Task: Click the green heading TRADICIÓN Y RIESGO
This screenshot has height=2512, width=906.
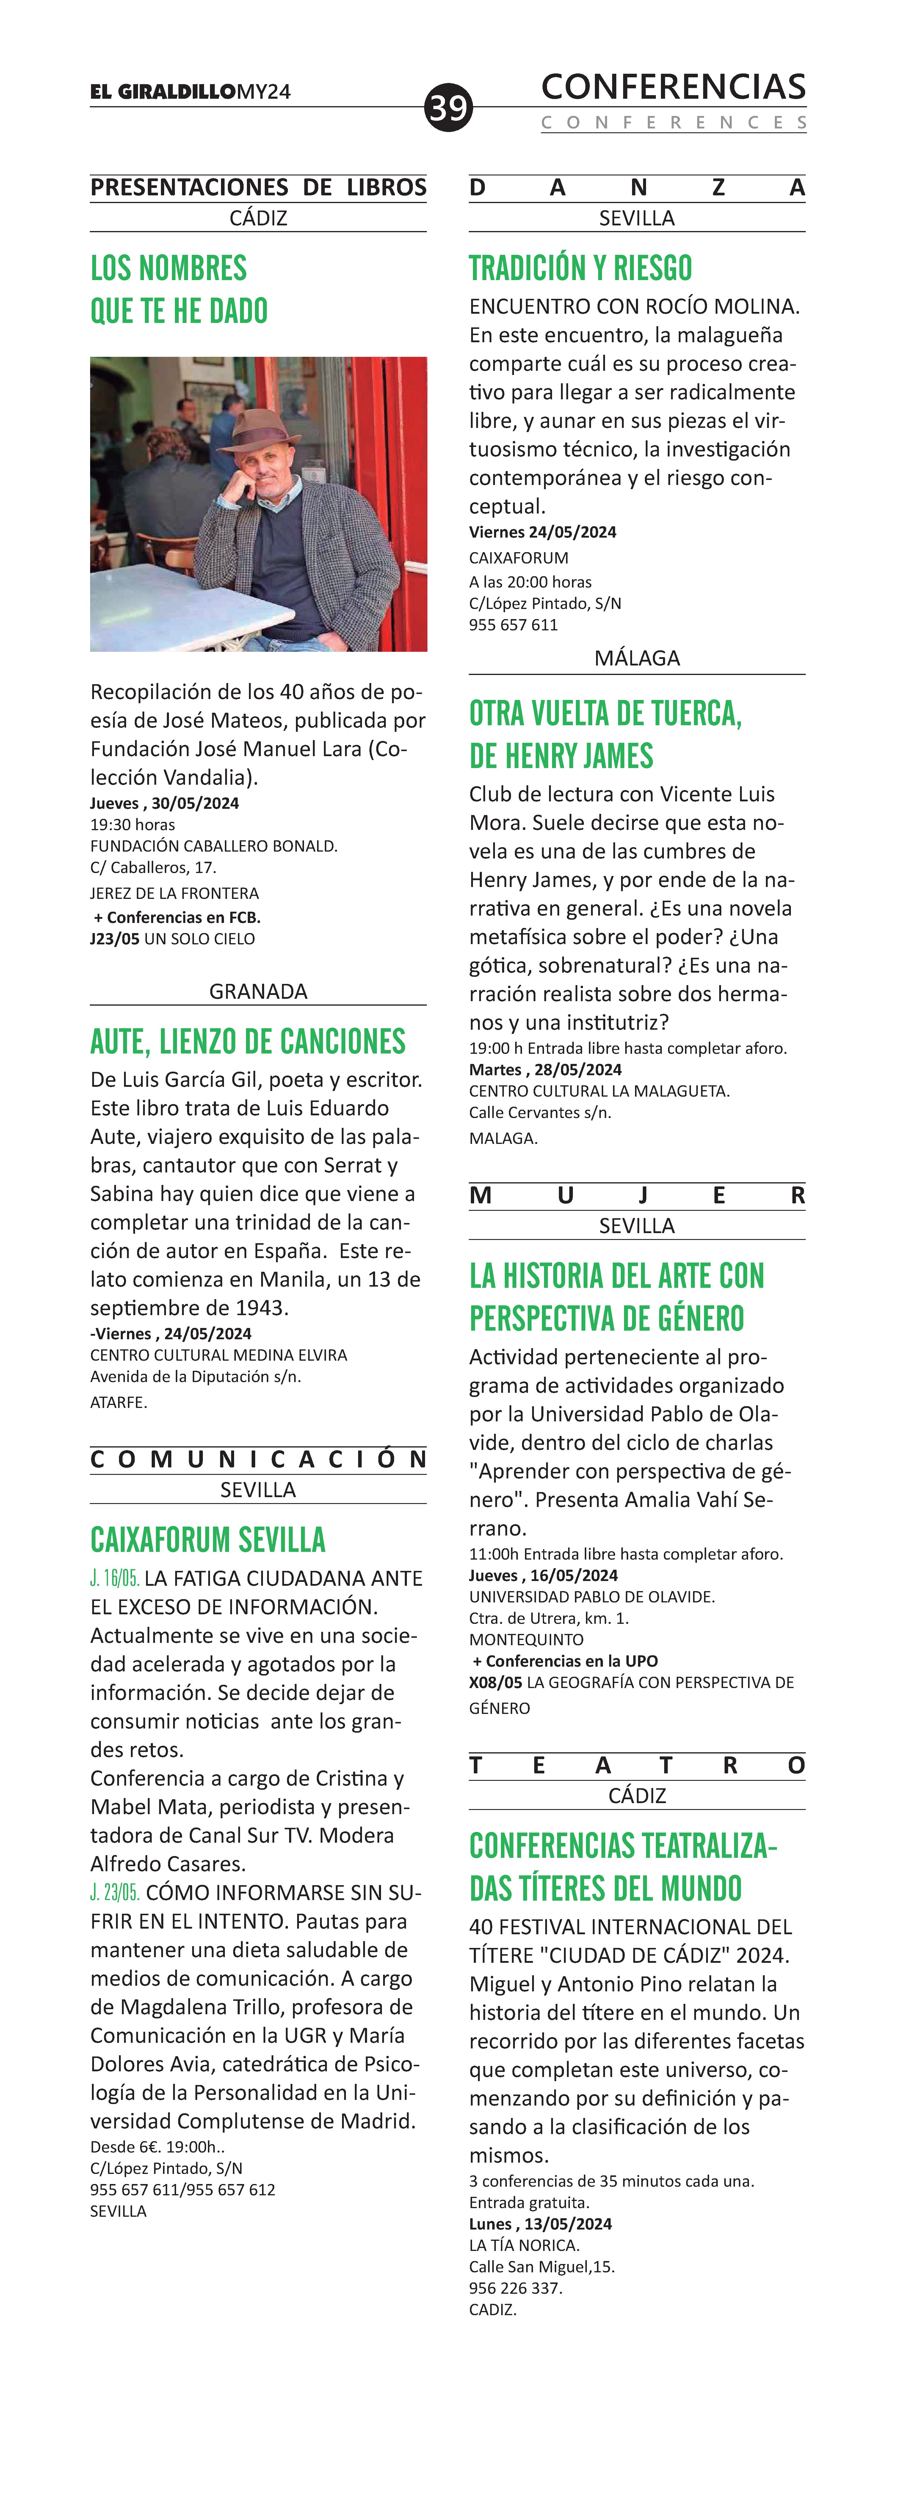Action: (x=580, y=268)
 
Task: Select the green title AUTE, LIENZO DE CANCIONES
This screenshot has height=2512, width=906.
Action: (x=248, y=1042)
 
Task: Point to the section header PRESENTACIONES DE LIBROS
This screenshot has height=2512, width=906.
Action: (x=258, y=187)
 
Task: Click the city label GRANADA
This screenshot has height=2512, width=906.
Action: (x=258, y=992)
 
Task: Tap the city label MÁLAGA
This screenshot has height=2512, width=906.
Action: (x=637, y=658)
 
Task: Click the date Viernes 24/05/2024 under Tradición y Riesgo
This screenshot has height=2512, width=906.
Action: (x=542, y=533)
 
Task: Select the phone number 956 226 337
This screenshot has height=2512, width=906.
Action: (x=515, y=2288)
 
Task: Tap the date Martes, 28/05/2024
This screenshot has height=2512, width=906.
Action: (x=545, y=1070)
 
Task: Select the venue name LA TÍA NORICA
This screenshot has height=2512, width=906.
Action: (x=524, y=2245)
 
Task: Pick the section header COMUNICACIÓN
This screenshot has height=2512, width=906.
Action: (x=258, y=1460)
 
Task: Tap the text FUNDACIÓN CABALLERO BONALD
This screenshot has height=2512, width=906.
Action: (x=214, y=847)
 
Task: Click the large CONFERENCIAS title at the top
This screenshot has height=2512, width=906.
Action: (x=673, y=87)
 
